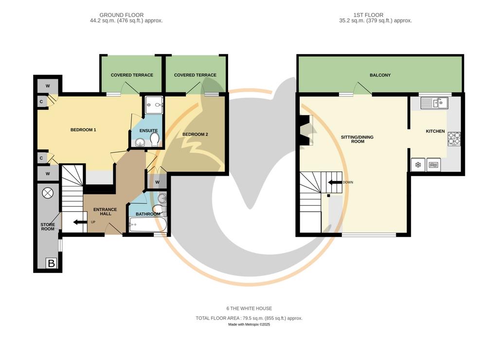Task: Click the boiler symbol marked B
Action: click(x=52, y=263)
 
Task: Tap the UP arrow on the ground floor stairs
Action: click(x=80, y=222)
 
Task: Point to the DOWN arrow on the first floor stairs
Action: click(x=335, y=182)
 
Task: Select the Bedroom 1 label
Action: click(x=83, y=130)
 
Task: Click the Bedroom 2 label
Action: click(x=196, y=134)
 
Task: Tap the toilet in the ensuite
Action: click(x=155, y=139)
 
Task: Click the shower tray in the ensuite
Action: click(x=154, y=105)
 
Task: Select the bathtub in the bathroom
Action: click(x=148, y=224)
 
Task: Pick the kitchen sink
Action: click(x=434, y=103)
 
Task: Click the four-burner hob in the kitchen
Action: click(x=454, y=139)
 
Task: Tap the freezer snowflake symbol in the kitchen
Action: click(x=418, y=164)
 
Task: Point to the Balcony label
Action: click(x=380, y=75)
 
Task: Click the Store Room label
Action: click(x=48, y=227)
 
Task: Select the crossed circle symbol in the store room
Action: click(x=48, y=193)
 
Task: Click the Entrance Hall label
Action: click(x=105, y=211)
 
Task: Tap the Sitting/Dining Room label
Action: click(x=357, y=139)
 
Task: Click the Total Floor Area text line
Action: click(x=249, y=318)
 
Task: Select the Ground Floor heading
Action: click(x=122, y=15)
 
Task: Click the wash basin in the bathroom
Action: click(x=162, y=198)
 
